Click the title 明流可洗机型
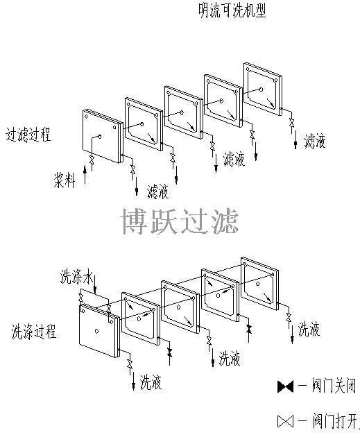pyautogui.click(x=232, y=10)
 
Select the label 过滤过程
pyautogui.click(x=28, y=135)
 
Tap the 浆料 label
pyautogui.click(x=65, y=180)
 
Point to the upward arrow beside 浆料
pyautogui.click(x=85, y=174)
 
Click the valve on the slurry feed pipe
pyautogui.click(x=92, y=160)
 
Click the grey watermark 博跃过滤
pyautogui.click(x=180, y=221)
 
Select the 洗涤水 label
pyautogui.click(x=76, y=276)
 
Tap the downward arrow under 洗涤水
pyautogui.click(x=95, y=284)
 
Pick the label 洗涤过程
pyautogui.click(x=34, y=331)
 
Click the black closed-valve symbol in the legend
pyautogui.click(x=285, y=386)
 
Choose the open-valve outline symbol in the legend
pyautogui.click(x=285, y=421)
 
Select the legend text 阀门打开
pyautogui.click(x=335, y=420)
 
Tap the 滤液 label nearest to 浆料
pyautogui.click(x=158, y=191)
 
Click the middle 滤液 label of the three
pyautogui.click(x=234, y=159)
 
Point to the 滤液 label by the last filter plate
pyautogui.click(x=315, y=141)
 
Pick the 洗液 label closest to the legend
pyautogui.click(x=309, y=329)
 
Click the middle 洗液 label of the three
pyautogui.click(x=230, y=358)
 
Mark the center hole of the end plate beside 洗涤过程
pyautogui.click(x=96, y=331)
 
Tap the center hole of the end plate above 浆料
pyautogui.click(x=100, y=137)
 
